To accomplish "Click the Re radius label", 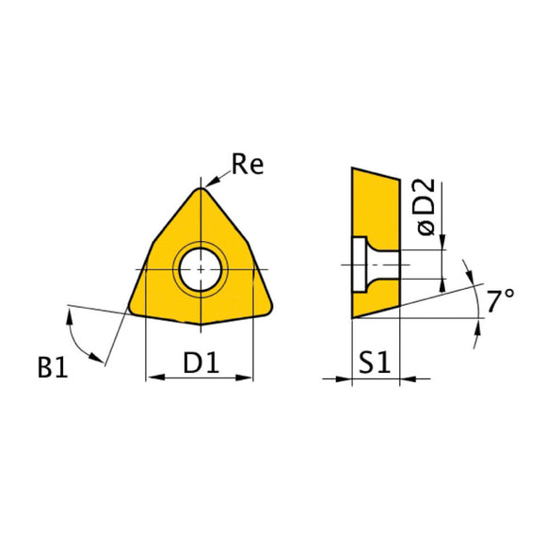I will point(248,166).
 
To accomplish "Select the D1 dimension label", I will point(200,361).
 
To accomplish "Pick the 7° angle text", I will point(500,301).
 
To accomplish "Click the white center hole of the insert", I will point(200,269).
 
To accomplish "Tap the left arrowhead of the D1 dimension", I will point(152,378).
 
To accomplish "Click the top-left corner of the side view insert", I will point(352,168).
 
